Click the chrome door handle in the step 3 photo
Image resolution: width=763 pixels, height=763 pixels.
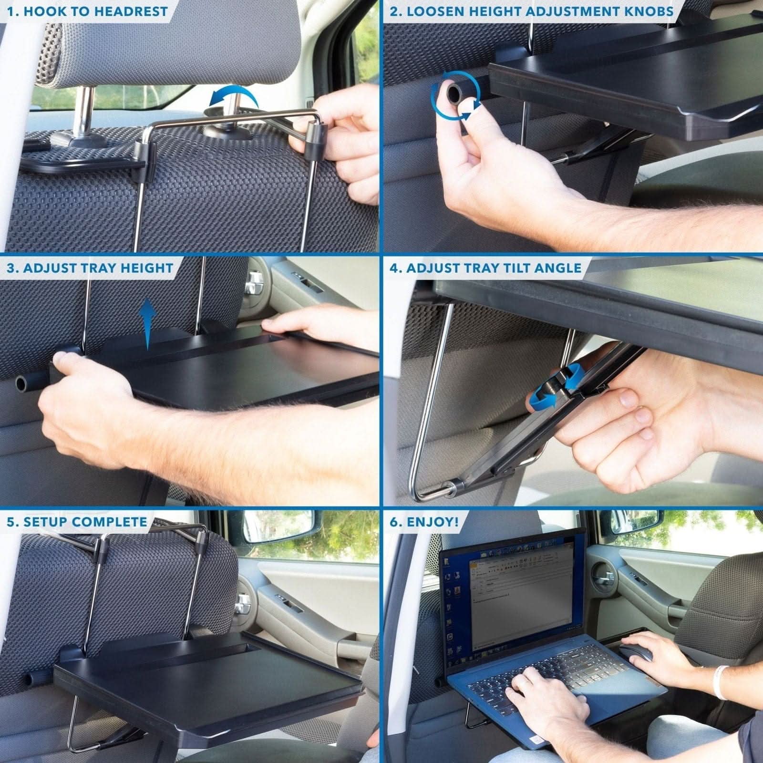tap(253, 285)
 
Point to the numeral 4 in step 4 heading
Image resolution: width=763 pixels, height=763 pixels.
tap(394, 268)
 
